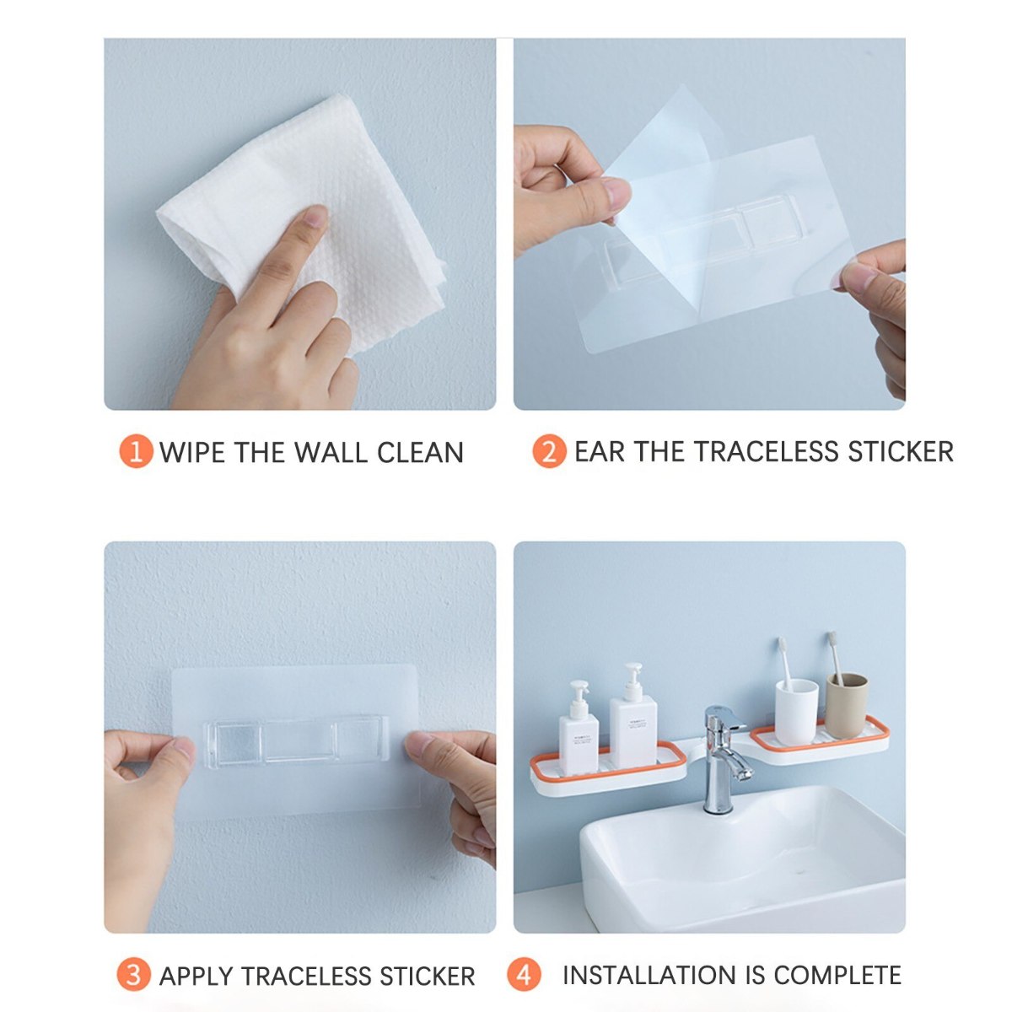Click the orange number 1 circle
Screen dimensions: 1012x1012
(x=136, y=451)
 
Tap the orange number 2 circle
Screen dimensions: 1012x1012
(x=549, y=451)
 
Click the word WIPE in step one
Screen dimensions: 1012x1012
(x=193, y=452)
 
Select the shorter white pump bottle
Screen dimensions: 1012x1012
(x=579, y=730)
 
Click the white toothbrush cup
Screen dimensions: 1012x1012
(x=796, y=704)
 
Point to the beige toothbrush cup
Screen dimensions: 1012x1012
(x=846, y=705)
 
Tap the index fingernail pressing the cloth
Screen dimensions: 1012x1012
(x=316, y=215)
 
